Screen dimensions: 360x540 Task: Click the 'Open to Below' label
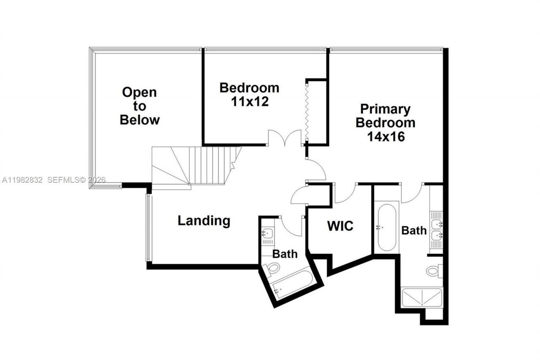[x=140, y=106]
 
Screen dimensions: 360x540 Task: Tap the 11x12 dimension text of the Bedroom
[x=249, y=102]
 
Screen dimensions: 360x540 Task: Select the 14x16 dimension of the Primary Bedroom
[x=385, y=137]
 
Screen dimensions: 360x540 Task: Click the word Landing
[x=204, y=221]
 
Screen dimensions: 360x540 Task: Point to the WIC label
[x=340, y=226]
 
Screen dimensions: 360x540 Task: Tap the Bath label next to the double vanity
[x=413, y=230]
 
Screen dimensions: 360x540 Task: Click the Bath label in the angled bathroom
[x=284, y=254]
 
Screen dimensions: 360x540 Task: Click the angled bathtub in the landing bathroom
[x=293, y=284]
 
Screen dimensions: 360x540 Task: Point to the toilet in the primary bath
[x=433, y=271]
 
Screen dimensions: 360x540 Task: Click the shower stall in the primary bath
[x=422, y=298]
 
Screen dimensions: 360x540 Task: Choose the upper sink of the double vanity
[x=436, y=224]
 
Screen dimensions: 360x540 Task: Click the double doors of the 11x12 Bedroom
[x=286, y=138]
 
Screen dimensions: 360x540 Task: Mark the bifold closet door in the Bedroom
[x=307, y=111]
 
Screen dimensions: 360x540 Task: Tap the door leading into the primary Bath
[x=412, y=193]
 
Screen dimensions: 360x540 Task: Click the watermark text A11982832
[x=22, y=180]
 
